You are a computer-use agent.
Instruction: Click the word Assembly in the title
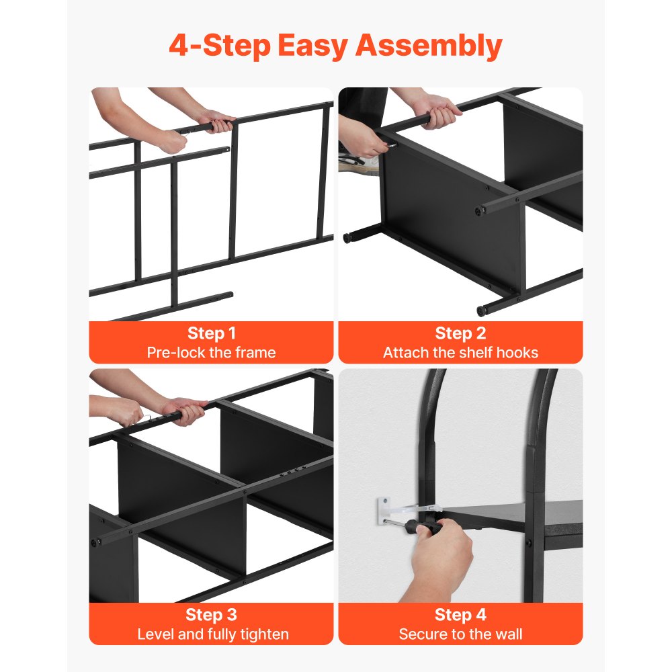(x=428, y=47)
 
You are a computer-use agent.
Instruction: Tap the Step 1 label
(x=211, y=333)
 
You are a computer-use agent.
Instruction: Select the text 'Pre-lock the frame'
(x=211, y=352)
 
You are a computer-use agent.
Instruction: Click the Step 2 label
(x=460, y=333)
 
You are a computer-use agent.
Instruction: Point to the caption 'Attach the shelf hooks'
(x=460, y=352)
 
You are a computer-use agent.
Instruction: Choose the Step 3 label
(x=211, y=615)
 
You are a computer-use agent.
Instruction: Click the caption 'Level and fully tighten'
(x=211, y=634)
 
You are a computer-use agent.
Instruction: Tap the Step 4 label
(x=460, y=615)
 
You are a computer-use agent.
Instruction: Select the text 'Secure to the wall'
(x=460, y=634)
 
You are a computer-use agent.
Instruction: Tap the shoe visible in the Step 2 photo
(x=356, y=161)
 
